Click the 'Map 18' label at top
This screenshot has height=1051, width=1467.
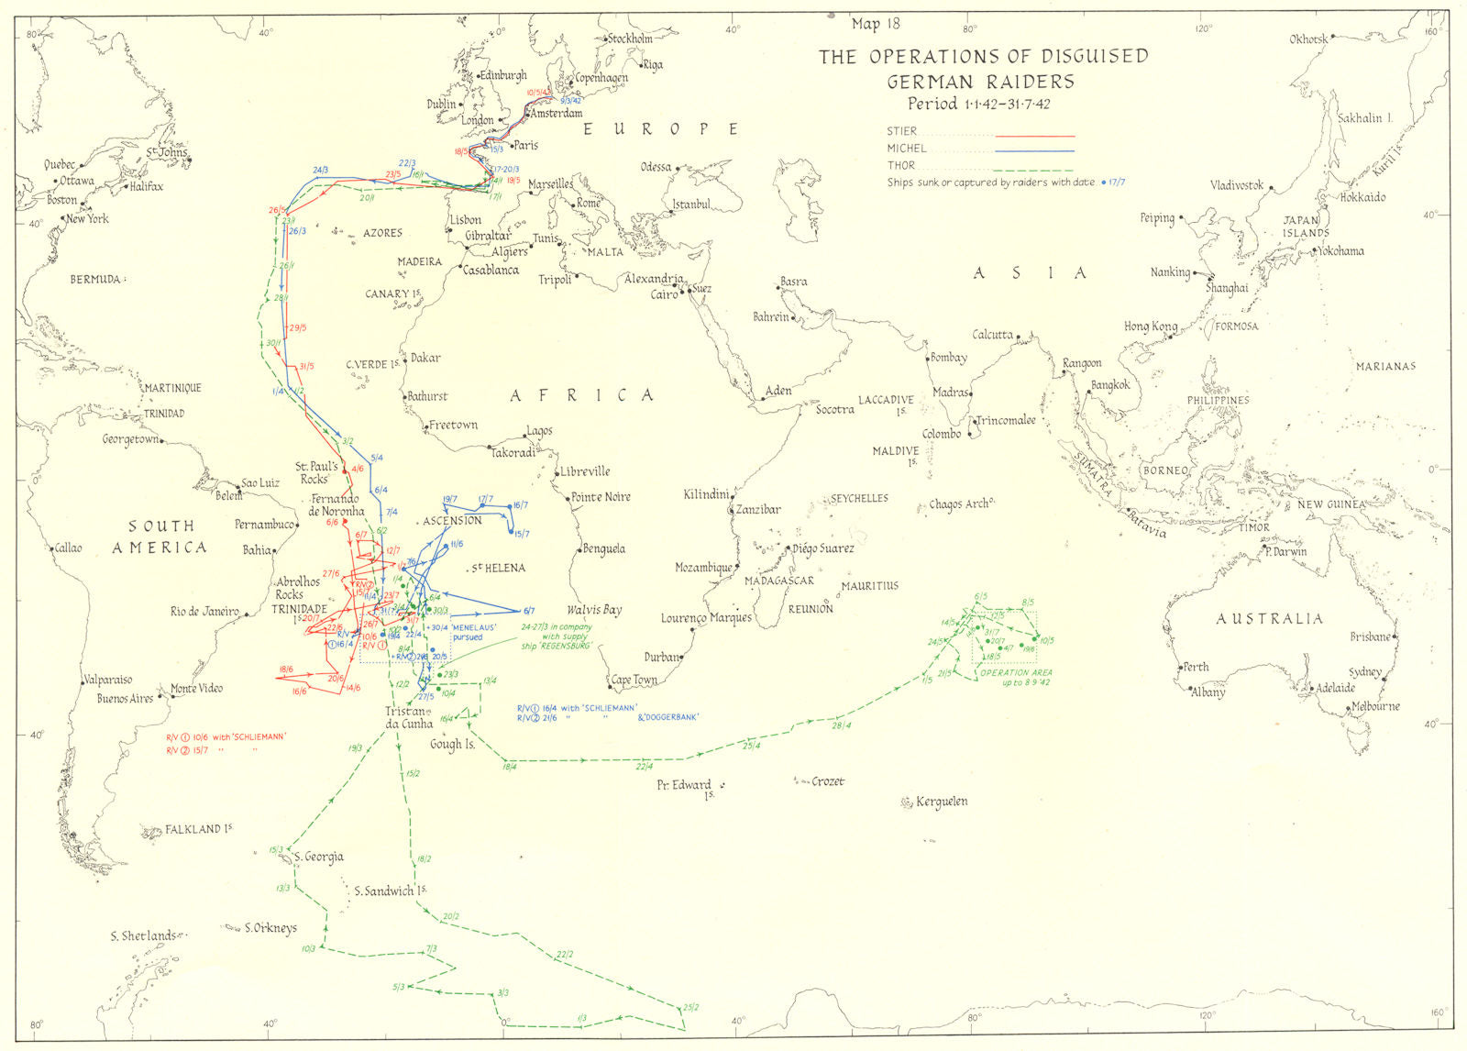[x=877, y=25]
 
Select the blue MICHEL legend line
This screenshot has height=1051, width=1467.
[x=1034, y=150]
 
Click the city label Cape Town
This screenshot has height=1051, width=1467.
[x=634, y=680]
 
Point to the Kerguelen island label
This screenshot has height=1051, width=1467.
[x=941, y=802]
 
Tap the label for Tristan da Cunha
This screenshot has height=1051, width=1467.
[x=405, y=717]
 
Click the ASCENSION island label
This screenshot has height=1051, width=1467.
[x=452, y=521]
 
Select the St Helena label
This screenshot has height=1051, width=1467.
[x=499, y=569]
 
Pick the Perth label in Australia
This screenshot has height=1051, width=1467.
[x=1196, y=667]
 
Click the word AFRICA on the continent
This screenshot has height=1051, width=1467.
[x=583, y=396]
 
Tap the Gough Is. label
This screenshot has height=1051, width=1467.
[x=452, y=745]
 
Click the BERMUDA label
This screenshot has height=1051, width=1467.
[x=95, y=279]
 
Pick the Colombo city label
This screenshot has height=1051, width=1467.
[x=941, y=434]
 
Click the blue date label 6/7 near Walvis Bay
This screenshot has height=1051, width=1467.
[x=528, y=612]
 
